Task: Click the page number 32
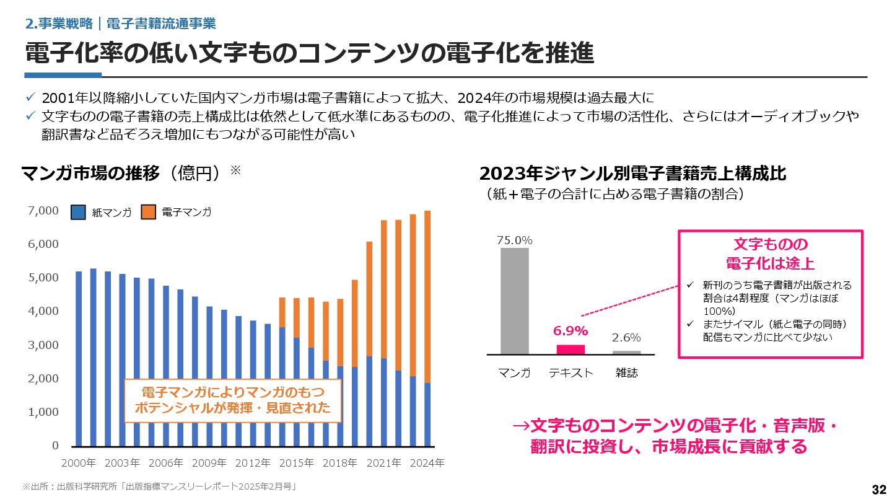pos(879,490)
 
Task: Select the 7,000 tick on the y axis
pos(44,211)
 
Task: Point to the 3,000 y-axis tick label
pos(44,345)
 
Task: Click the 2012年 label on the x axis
pos(253,463)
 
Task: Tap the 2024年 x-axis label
pos(427,463)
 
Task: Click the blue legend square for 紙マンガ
pos(78,212)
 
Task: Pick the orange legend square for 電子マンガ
pos(148,212)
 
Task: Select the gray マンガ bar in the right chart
pos(515,301)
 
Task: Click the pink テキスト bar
pos(571,349)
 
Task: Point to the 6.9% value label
pos(571,331)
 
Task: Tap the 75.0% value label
pos(515,240)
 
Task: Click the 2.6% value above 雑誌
pos(626,338)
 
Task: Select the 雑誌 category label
pos(626,373)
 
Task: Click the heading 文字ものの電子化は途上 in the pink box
pos(771,253)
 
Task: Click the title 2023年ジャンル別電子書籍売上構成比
pos(632,173)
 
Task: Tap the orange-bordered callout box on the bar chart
pos(233,400)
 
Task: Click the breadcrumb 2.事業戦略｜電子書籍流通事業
pos(121,24)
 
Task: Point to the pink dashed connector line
pos(631,302)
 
